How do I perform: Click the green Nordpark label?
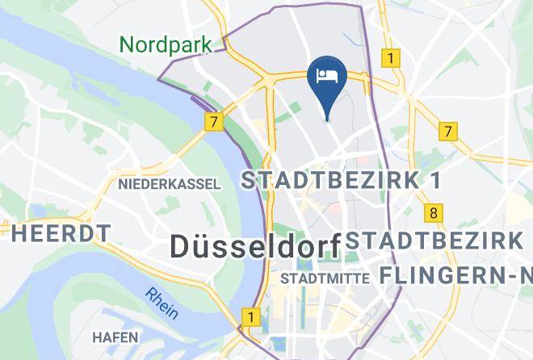point(166,44)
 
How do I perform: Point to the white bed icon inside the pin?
point(328,77)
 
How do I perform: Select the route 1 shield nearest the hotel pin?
point(391,58)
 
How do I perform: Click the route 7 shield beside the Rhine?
point(212,123)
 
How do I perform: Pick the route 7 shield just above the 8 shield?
point(448,131)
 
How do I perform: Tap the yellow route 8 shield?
point(434,213)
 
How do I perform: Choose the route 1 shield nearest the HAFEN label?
point(251,317)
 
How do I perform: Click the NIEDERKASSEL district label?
point(169,184)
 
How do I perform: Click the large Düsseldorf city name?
point(254,246)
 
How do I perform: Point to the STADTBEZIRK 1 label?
point(342,181)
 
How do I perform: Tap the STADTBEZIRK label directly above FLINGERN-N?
point(436,241)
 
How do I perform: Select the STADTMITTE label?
point(325,278)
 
